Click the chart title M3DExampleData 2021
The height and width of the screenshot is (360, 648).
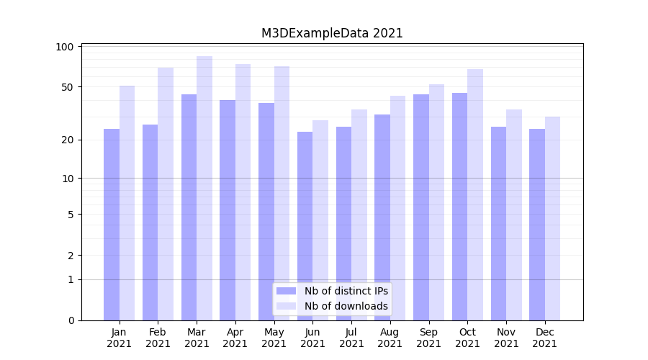pos(332,33)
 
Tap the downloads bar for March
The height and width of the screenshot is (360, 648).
pos(204,188)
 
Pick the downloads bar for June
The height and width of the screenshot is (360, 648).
pos(320,220)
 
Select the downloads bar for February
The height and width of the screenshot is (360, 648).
pos(166,194)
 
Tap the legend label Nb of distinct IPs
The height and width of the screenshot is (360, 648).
pos(346,291)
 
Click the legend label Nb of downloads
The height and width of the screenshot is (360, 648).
pos(346,306)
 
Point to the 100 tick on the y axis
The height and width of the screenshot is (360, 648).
pos(66,47)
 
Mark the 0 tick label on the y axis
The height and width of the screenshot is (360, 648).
pos(71,320)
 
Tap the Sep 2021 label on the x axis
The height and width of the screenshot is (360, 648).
pos(428,338)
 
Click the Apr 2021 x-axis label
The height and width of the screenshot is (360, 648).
pos(235,338)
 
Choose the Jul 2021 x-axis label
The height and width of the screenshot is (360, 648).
pos(351,338)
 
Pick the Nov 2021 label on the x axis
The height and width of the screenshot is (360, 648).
pos(506,338)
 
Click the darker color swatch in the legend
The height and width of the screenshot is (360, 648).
pos(287,291)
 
